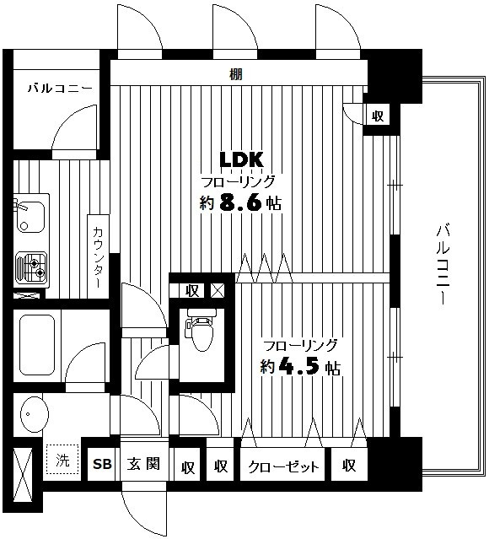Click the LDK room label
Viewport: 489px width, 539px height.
242,159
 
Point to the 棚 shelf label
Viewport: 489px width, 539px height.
235,74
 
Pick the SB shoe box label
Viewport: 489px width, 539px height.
102,465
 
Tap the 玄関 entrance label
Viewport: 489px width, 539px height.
142,465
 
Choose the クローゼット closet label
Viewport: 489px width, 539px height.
283,466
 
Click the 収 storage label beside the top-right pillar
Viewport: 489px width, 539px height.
377,116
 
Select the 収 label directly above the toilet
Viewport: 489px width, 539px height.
192,291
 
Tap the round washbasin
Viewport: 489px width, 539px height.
34,416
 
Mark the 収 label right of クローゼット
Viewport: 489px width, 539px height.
349,466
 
